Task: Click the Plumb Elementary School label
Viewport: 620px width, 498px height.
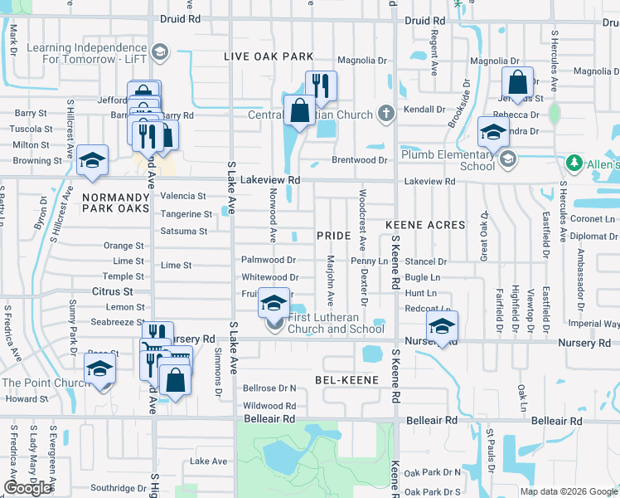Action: pyautogui.click(x=448, y=160)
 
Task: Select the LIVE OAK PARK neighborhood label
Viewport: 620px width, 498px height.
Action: pyautogui.click(x=268, y=56)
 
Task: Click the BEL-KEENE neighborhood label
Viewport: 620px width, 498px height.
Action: pyautogui.click(x=346, y=379)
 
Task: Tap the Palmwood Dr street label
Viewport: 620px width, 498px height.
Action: pyautogui.click(x=268, y=260)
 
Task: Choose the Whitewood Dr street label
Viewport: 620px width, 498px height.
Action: pyautogui.click(x=269, y=277)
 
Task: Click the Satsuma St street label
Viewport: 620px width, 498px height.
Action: pyautogui.click(x=183, y=232)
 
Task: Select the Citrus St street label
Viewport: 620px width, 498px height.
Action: pyautogui.click(x=113, y=291)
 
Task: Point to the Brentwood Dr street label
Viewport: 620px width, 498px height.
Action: pyautogui.click(x=360, y=159)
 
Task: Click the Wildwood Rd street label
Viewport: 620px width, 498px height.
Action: pyautogui.click(x=269, y=405)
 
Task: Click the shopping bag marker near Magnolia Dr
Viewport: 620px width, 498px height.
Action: pyautogui.click(x=518, y=83)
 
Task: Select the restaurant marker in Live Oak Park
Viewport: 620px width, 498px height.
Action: pyautogui.click(x=319, y=85)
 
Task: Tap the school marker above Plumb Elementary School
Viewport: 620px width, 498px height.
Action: pyautogui.click(x=493, y=132)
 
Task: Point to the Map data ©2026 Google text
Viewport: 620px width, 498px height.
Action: pyautogui.click(x=569, y=491)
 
